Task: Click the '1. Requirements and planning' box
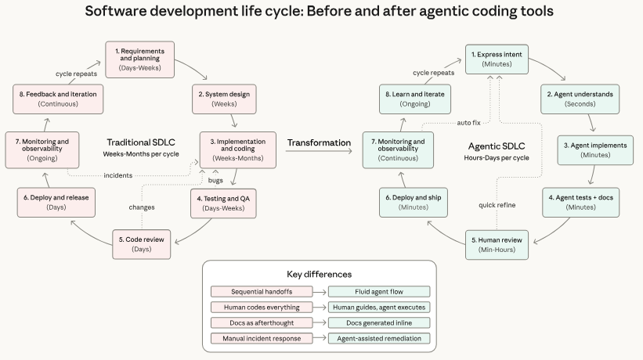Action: click(140, 59)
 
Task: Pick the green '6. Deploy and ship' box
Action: click(413, 203)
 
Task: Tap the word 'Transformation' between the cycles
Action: click(318, 142)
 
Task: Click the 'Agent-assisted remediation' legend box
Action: click(379, 338)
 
